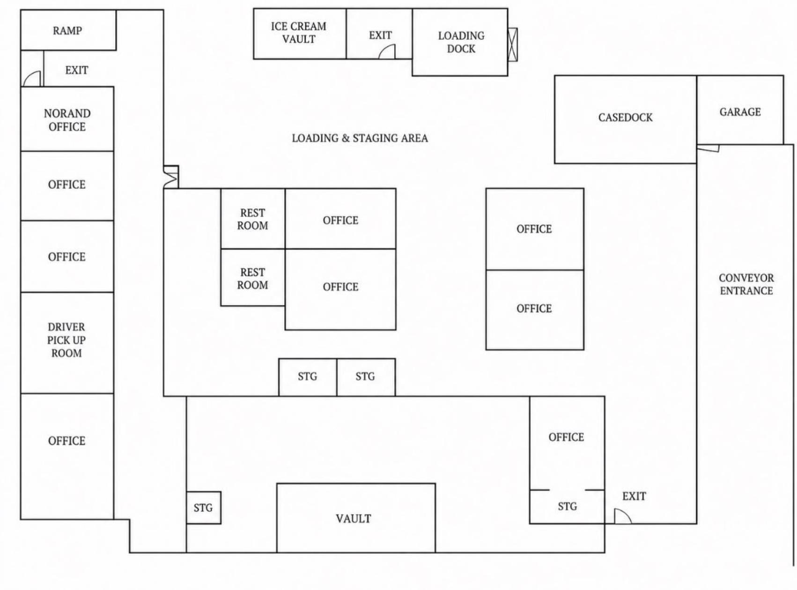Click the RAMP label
point(67,31)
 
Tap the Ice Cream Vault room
point(300,34)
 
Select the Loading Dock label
point(461,42)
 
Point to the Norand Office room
point(67,119)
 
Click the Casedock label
point(626,118)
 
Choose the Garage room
point(740,110)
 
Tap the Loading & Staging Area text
point(360,138)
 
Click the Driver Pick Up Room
point(67,343)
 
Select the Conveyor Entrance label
point(746,284)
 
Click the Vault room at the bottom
point(356,518)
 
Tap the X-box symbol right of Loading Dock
point(513,44)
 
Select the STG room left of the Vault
point(204,508)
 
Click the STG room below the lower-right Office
point(567,507)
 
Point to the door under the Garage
point(708,148)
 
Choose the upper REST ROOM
point(253,219)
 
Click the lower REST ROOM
point(253,278)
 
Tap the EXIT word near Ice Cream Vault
point(380,35)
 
